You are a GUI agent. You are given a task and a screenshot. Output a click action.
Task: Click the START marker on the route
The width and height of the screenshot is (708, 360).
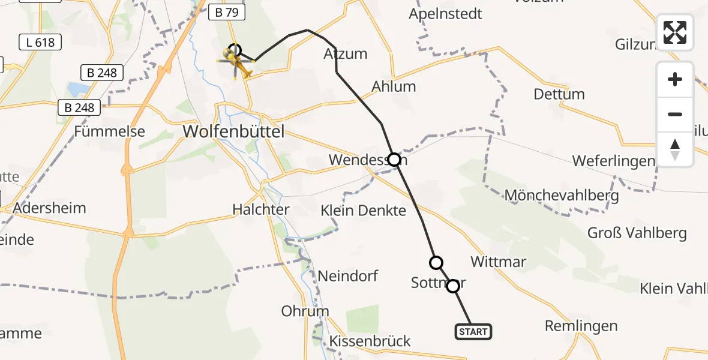click(473, 331)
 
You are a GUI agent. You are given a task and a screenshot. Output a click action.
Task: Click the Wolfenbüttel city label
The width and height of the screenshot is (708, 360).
click(241, 131)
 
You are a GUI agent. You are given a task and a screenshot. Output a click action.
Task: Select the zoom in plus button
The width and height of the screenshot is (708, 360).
click(675, 79)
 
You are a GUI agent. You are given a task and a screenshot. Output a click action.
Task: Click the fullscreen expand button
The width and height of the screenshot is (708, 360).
click(675, 32)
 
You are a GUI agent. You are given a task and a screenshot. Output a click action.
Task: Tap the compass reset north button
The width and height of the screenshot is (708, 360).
click(675, 149)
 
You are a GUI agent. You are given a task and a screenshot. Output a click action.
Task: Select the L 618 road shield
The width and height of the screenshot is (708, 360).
click(40, 42)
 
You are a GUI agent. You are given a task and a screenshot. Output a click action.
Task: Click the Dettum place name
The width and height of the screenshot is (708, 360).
click(559, 94)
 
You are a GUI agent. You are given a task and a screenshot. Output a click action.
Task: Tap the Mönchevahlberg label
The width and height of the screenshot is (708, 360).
click(562, 196)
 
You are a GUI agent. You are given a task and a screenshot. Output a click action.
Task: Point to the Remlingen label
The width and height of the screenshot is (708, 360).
click(581, 326)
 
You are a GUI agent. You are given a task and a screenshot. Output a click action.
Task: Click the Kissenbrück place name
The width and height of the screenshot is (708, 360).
click(370, 341)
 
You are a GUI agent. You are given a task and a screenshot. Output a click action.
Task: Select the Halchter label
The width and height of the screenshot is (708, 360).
click(261, 209)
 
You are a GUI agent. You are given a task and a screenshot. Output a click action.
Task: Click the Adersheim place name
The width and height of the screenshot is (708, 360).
click(49, 208)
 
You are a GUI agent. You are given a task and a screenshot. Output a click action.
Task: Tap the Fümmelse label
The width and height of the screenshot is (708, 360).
click(109, 131)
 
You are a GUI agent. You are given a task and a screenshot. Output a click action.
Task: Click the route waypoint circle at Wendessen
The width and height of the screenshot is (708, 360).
click(394, 160)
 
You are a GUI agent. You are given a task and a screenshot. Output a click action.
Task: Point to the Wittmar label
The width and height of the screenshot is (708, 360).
click(499, 262)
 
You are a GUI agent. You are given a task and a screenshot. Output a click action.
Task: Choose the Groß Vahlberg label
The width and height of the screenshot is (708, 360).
click(637, 233)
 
